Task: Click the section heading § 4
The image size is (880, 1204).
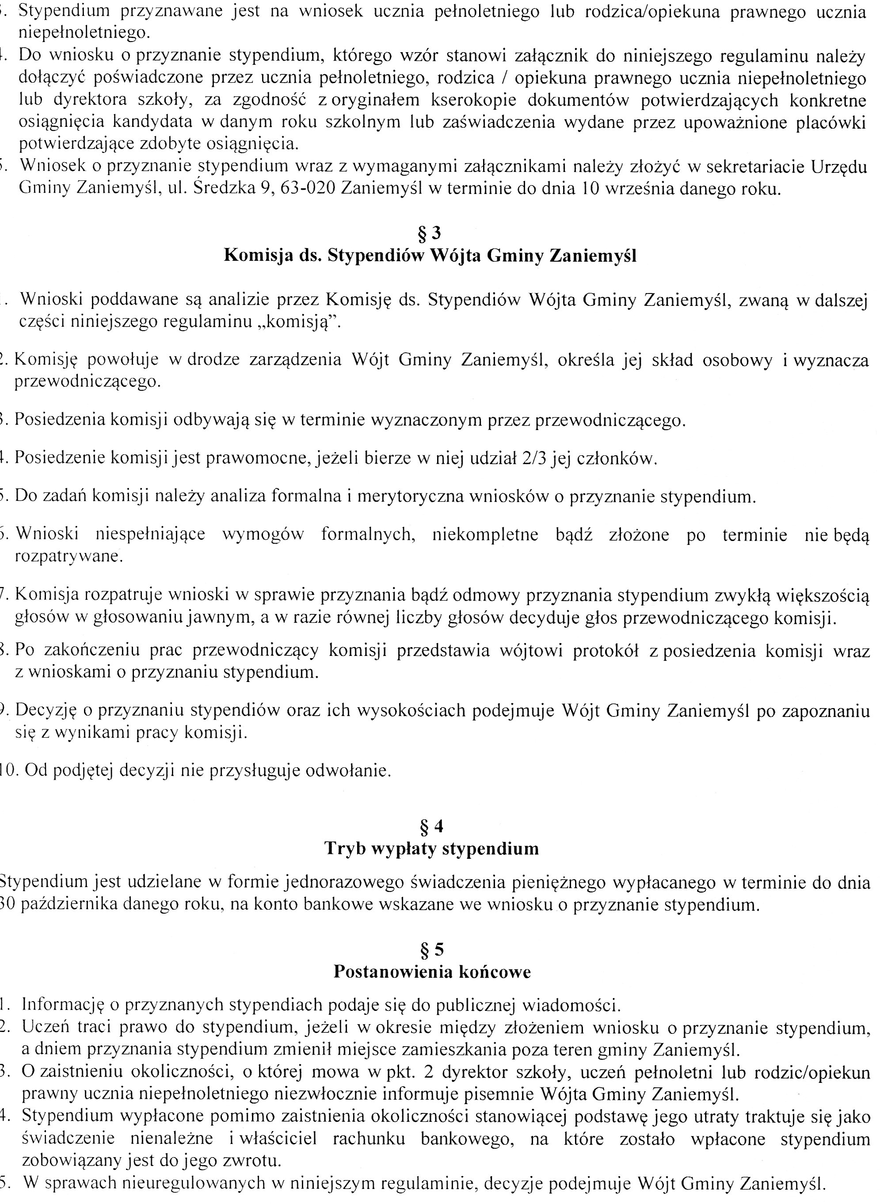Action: click(431, 826)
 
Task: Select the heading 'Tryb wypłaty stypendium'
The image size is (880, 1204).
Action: click(431, 849)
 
